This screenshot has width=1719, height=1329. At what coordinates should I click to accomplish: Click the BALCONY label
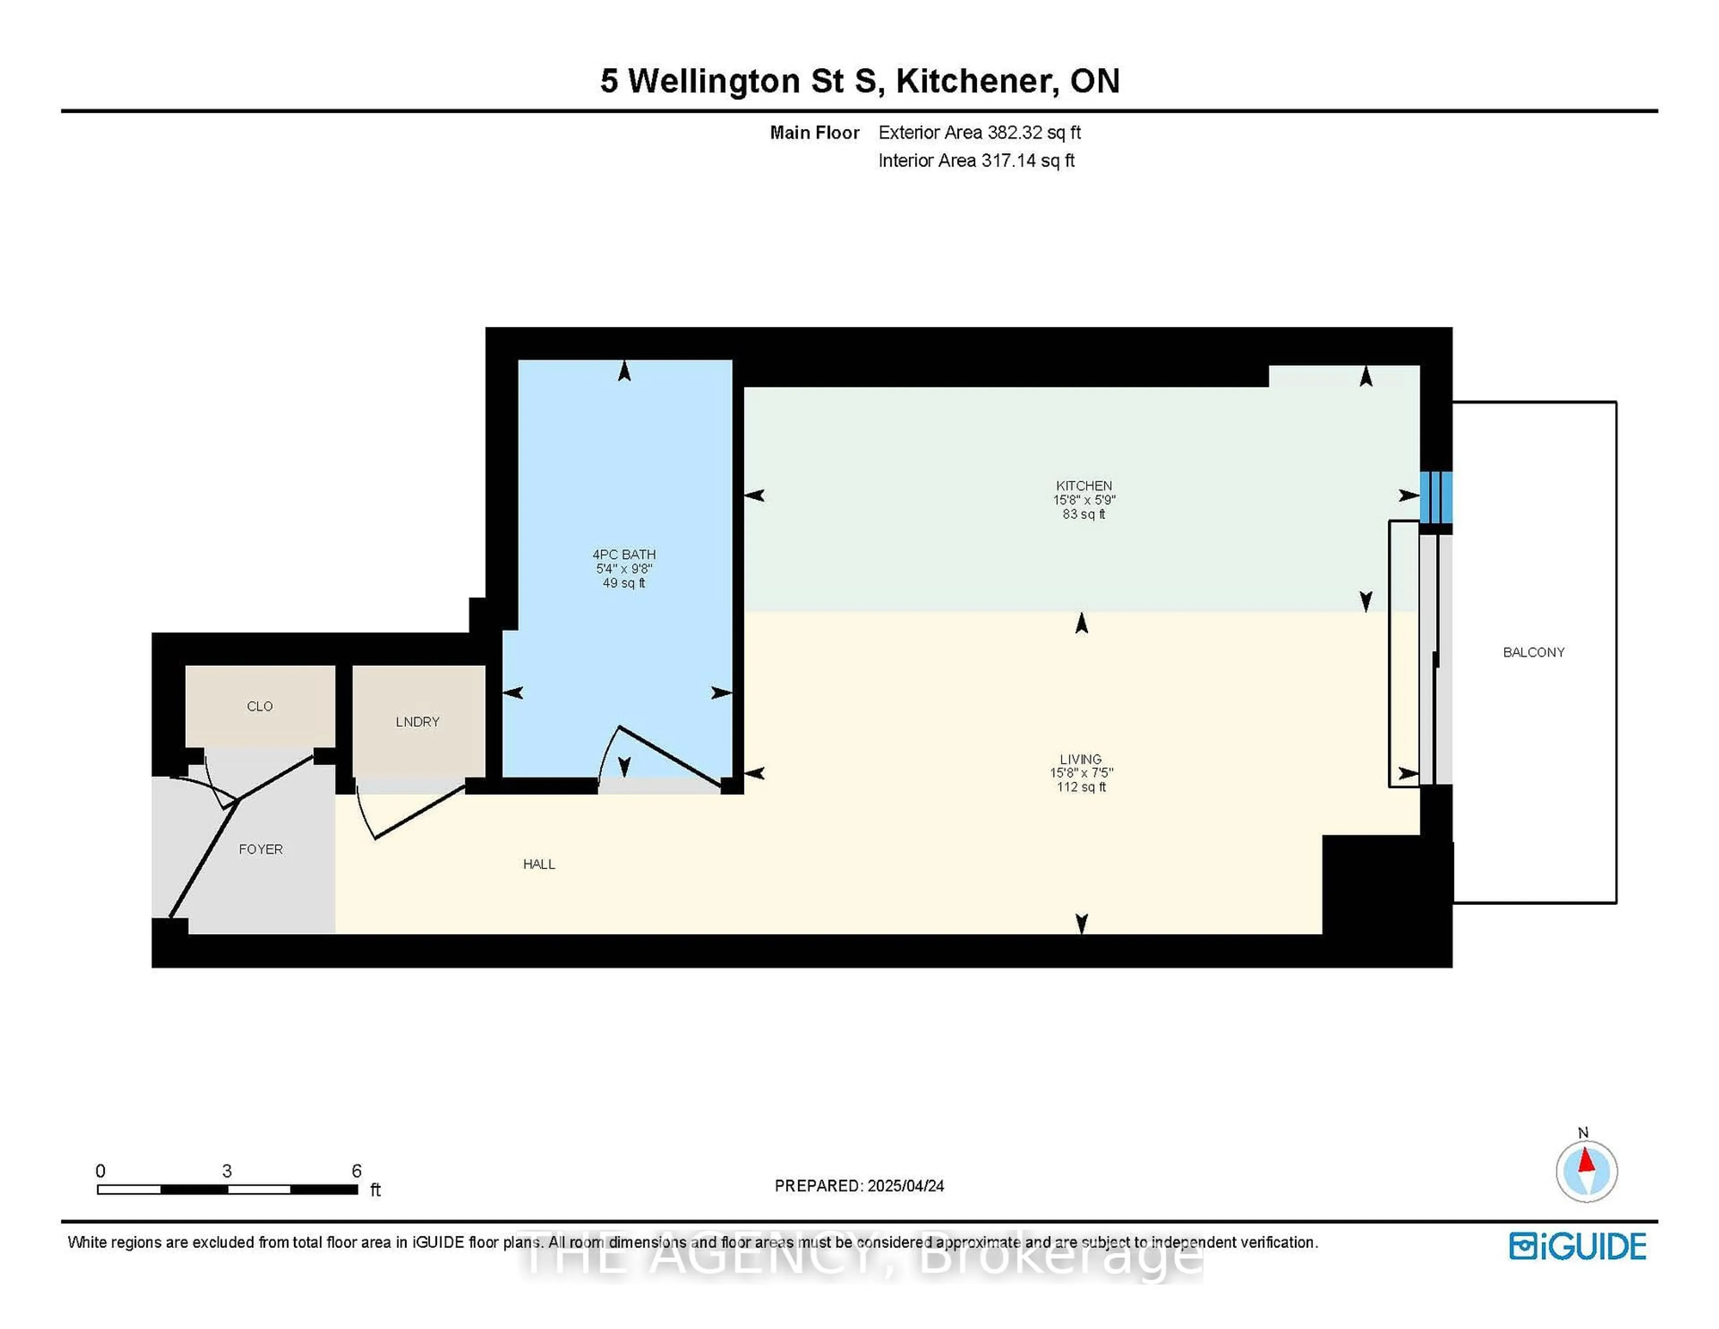click(x=1533, y=652)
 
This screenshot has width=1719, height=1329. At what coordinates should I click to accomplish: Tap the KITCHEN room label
click(x=1084, y=486)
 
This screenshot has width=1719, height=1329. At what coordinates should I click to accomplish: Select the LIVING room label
click(x=1081, y=759)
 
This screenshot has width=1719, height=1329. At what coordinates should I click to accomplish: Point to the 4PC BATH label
click(x=624, y=554)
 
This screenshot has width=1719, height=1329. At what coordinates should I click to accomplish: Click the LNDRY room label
click(x=417, y=721)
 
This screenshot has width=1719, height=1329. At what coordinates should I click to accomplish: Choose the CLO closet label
click(x=260, y=706)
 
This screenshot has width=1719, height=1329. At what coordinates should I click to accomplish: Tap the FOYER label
click(x=261, y=849)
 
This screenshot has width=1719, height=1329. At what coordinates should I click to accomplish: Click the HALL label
click(x=539, y=864)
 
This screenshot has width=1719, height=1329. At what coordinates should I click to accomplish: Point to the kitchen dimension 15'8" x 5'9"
click(x=1084, y=500)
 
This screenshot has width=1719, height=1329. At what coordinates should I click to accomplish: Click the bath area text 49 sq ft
click(x=624, y=583)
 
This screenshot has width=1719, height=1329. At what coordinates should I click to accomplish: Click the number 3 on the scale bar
click(x=227, y=1171)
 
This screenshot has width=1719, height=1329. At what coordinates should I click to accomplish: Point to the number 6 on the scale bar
click(x=356, y=1171)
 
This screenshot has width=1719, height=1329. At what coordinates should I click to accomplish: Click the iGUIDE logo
click(x=1578, y=1246)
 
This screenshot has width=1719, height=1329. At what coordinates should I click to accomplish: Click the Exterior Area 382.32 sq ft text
click(x=979, y=132)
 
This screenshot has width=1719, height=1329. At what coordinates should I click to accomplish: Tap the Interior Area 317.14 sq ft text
click(x=976, y=161)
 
